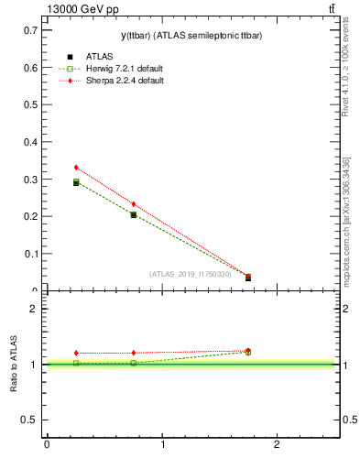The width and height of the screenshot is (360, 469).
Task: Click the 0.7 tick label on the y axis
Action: (29, 30)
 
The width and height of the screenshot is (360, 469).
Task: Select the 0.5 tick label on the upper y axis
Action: (29, 104)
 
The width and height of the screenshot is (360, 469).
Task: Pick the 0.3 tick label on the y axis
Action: (29, 179)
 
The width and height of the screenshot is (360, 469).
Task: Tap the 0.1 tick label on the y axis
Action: (29, 253)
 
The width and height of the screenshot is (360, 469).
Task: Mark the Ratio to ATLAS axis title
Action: (14, 365)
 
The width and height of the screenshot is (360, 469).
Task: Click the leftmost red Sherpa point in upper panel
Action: (76, 168)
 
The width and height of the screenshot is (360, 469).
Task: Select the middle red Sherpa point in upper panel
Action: (134, 204)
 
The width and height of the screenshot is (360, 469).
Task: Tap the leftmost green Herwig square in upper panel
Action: (76, 182)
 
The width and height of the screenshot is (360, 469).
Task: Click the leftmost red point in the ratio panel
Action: (76, 353)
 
